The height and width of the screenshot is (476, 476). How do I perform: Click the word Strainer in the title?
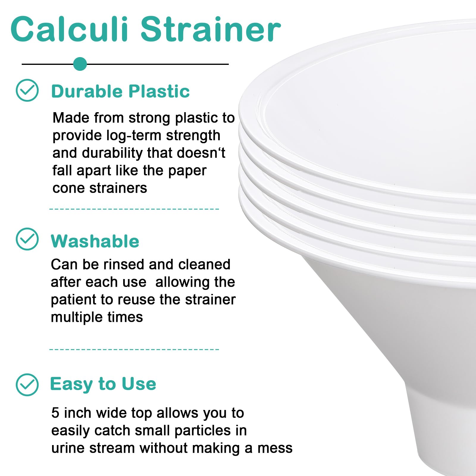tap(210, 29)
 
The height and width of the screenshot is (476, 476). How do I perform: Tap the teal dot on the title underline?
tap(80, 64)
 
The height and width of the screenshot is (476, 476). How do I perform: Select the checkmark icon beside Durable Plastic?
tap(27, 90)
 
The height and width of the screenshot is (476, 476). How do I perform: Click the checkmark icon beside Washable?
tap(27, 239)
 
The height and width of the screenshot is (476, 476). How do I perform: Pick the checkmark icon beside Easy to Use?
tap(27, 385)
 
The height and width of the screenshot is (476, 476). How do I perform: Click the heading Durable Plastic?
tap(120, 91)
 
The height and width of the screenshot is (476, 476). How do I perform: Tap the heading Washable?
tap(95, 241)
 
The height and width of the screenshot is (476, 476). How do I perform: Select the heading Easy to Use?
tap(103, 384)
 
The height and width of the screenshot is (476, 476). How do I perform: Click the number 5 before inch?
tap(55, 413)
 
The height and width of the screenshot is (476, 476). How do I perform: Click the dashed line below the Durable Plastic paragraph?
tap(134, 209)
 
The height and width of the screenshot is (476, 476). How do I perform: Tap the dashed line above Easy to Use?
tap(134, 349)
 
